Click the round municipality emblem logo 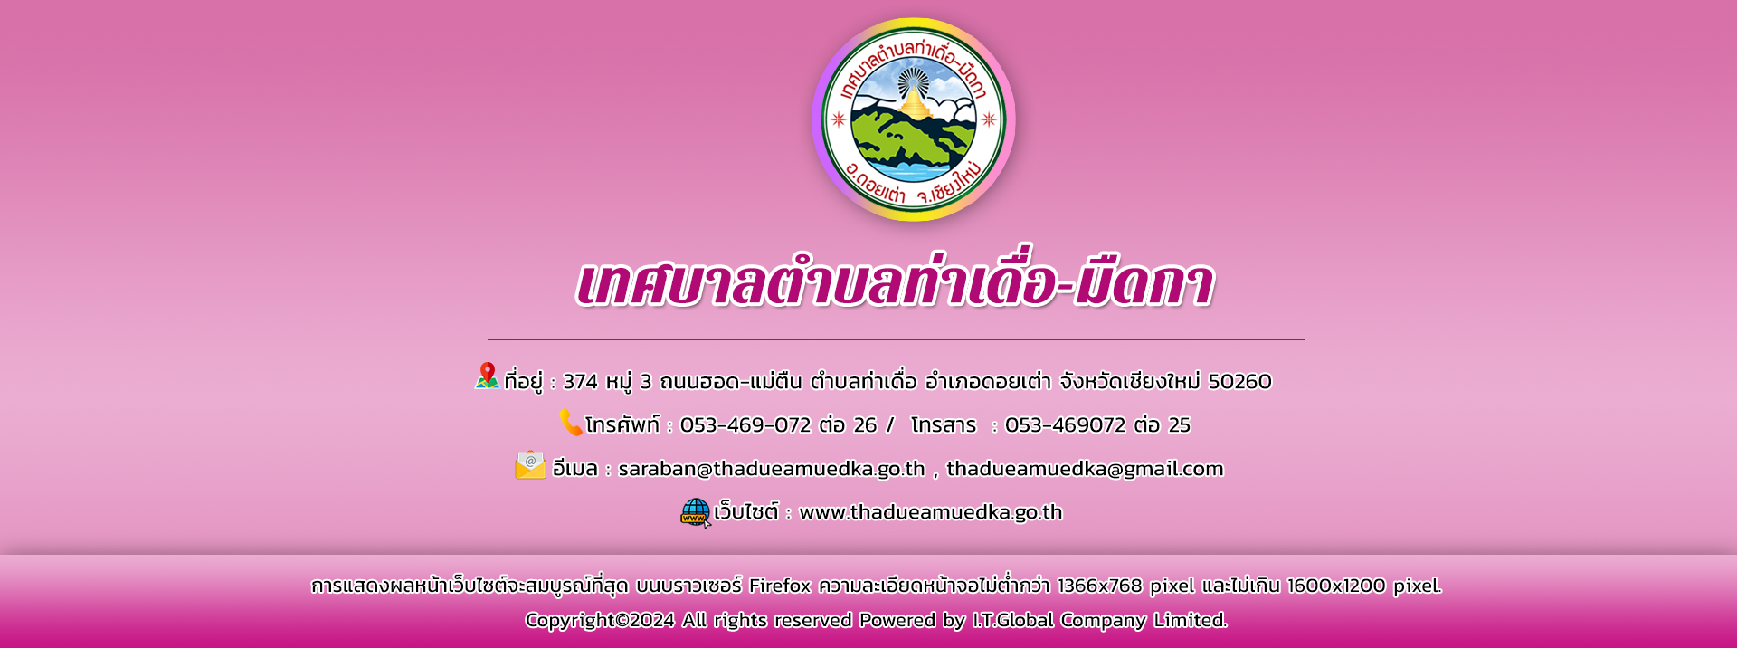[914, 119]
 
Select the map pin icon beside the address [488, 376]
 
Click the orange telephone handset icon [571, 422]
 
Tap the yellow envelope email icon [531, 465]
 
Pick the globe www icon [696, 513]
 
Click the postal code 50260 [1240, 382]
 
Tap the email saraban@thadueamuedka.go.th [772, 469]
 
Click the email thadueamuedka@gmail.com [1085, 469]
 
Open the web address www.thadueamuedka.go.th [931, 512]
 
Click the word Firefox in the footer [780, 586]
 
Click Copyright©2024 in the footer [600, 620]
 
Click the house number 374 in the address [581, 382]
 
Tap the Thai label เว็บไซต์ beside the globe [746, 511]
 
